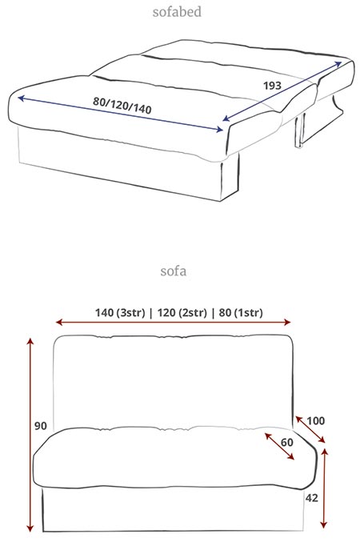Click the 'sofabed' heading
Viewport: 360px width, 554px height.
tap(177, 12)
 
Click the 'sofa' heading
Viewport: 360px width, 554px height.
tap(174, 271)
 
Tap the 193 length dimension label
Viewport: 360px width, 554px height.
tap(272, 86)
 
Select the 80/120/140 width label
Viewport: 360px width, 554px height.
tap(122, 106)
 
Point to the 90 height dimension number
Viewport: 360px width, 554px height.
tap(41, 426)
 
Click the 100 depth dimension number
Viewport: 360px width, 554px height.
tap(315, 421)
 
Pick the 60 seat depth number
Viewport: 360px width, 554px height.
tap(287, 443)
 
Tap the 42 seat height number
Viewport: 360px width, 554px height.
tap(312, 498)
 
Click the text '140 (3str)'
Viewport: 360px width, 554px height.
tap(120, 313)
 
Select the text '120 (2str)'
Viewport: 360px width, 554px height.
tap(182, 313)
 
